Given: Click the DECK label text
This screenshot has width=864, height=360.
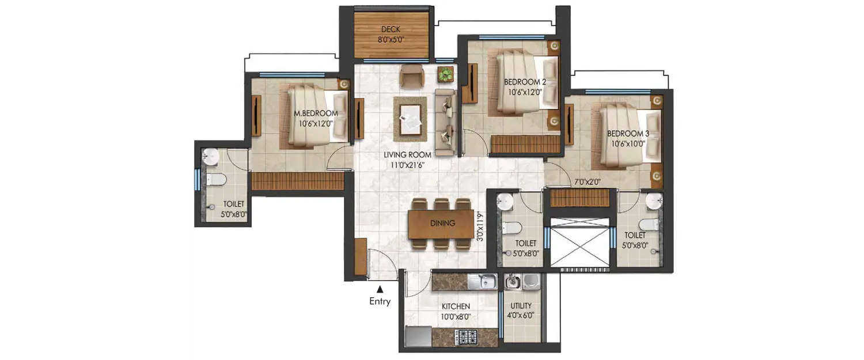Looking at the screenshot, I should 391,29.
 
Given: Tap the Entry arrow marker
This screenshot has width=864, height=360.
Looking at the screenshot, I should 380,290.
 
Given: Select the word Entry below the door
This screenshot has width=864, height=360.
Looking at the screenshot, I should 380,301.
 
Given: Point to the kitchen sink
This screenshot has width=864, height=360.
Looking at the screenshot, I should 482,282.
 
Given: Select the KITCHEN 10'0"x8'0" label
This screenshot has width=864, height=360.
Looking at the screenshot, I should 456,311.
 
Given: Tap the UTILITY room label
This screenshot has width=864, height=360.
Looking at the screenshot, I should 521,310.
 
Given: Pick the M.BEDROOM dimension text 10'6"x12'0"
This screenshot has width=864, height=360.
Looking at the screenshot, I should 315,123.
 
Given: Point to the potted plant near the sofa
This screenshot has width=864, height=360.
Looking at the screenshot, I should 445,74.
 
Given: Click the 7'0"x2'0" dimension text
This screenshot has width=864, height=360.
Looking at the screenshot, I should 587,181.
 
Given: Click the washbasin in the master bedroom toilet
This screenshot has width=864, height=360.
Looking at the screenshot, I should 210,156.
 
